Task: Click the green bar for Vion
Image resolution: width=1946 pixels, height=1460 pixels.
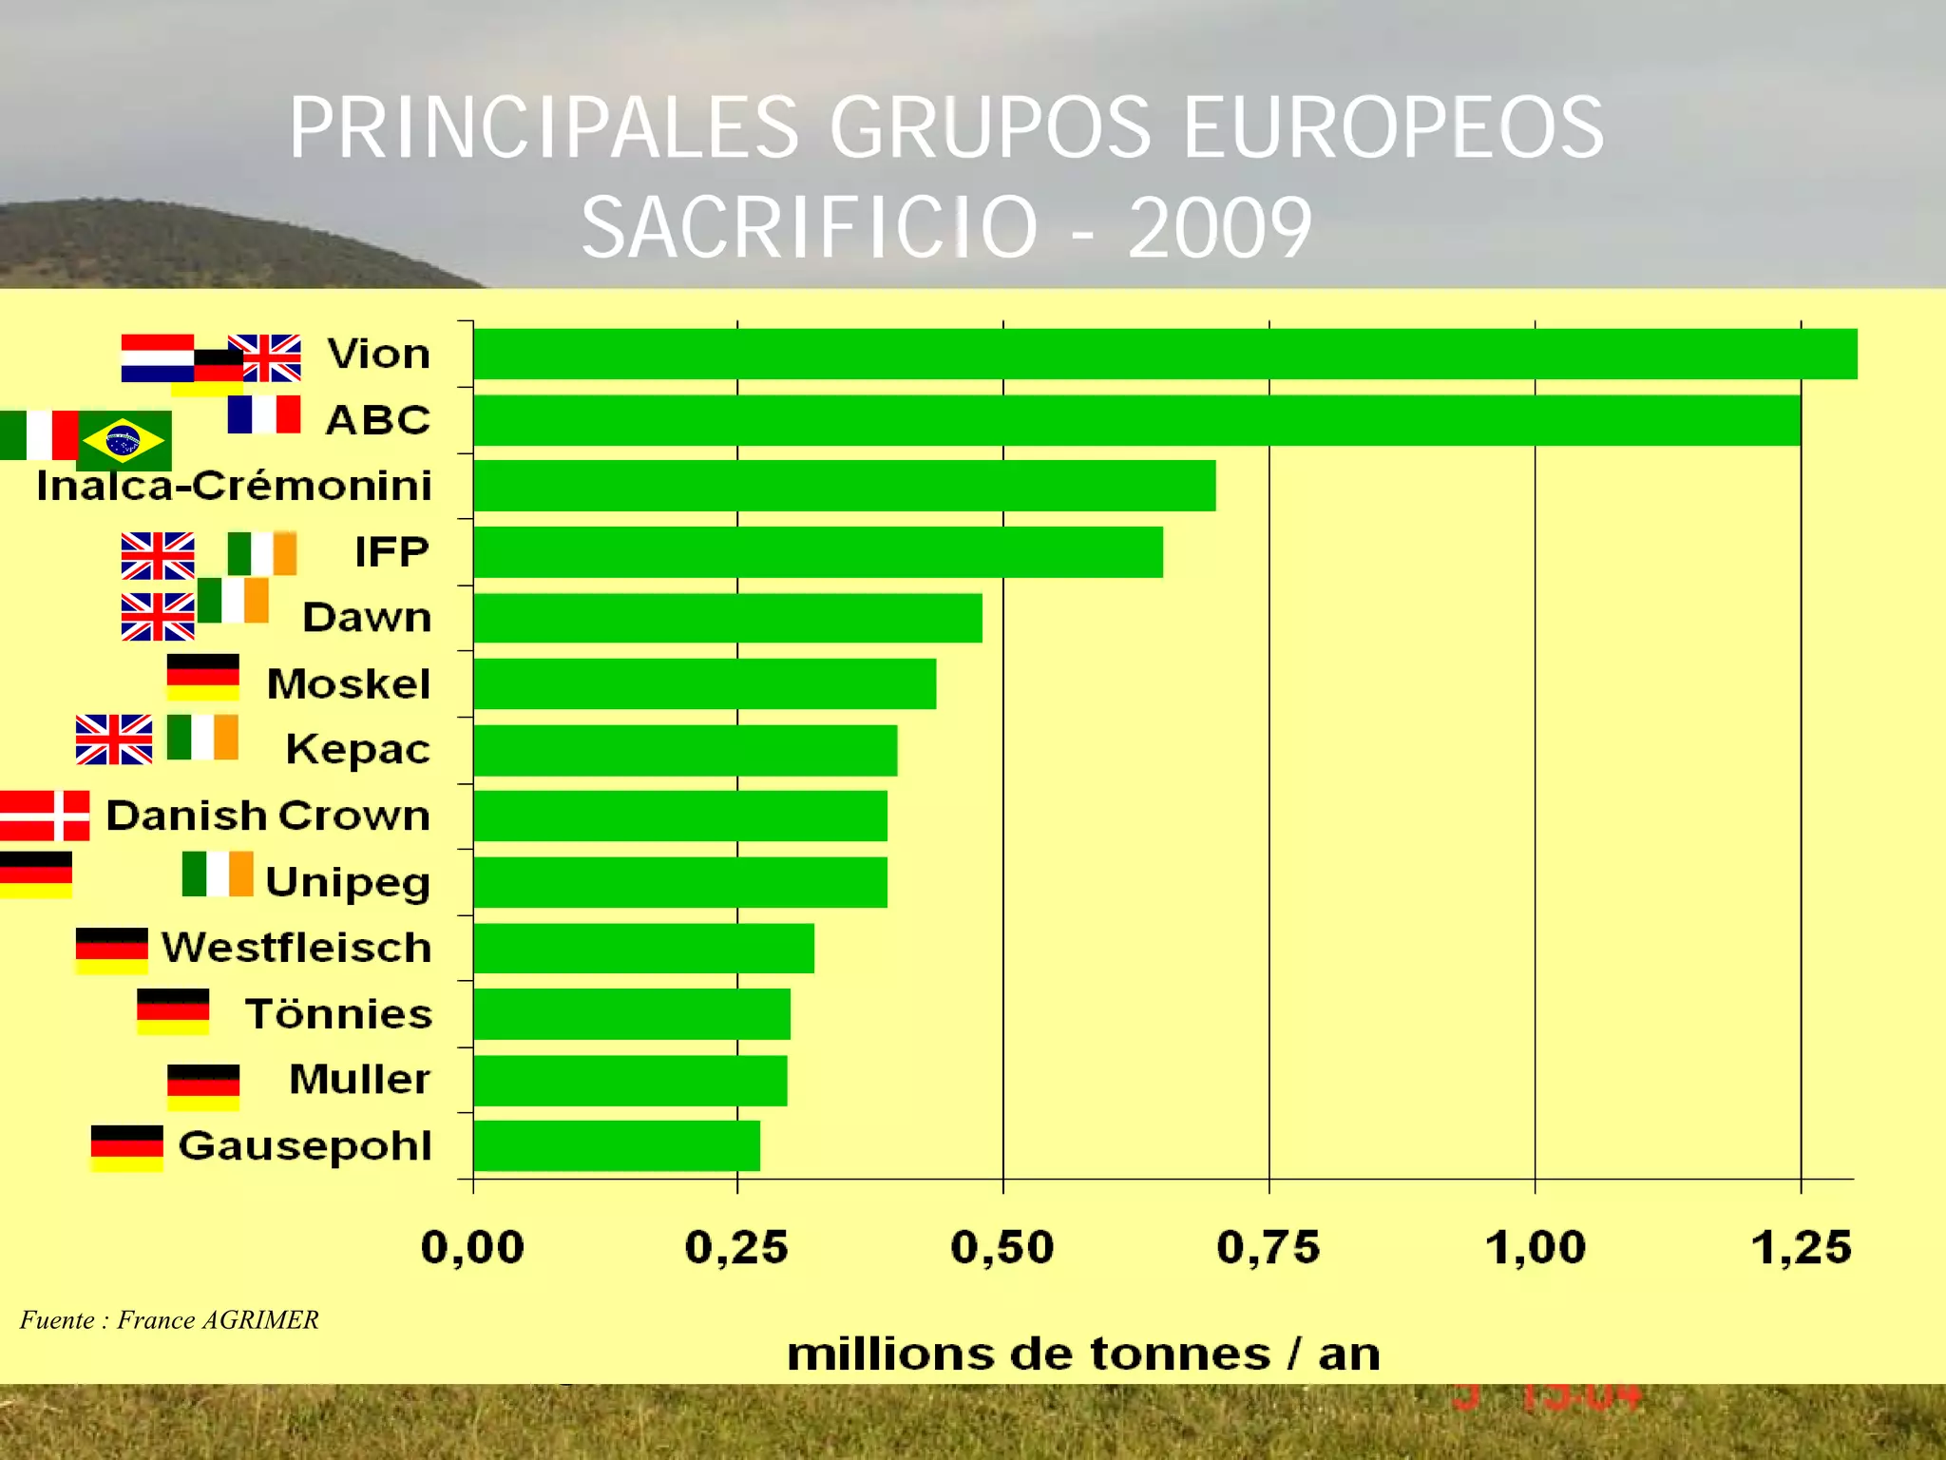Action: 1164,354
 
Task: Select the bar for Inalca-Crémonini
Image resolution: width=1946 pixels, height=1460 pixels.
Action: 844,486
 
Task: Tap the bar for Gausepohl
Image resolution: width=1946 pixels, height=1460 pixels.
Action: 616,1145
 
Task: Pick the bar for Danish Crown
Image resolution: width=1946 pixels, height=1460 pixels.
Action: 679,816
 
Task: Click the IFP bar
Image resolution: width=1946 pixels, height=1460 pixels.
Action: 817,551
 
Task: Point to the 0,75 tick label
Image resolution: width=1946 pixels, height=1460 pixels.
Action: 1269,1247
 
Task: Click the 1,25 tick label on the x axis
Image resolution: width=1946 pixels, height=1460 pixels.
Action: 1801,1247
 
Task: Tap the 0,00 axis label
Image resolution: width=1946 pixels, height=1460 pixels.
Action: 472,1247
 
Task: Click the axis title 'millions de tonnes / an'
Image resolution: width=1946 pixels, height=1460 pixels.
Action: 1083,1354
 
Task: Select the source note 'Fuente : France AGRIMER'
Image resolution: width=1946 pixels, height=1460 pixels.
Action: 169,1319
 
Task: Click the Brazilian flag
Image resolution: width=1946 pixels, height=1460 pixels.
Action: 124,441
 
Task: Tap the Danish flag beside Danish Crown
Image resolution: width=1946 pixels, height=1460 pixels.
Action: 45,816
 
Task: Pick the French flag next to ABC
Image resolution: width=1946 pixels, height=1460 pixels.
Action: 264,414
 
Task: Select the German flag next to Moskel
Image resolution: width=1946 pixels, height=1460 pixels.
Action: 202,677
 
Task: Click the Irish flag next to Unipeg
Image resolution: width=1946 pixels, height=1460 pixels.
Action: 218,874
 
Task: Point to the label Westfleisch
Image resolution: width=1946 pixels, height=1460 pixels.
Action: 296,948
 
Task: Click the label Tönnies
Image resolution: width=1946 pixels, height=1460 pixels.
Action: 338,1013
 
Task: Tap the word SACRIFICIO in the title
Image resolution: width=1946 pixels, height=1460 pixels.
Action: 810,228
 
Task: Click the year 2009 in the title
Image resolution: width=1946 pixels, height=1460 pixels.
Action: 1220,228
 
